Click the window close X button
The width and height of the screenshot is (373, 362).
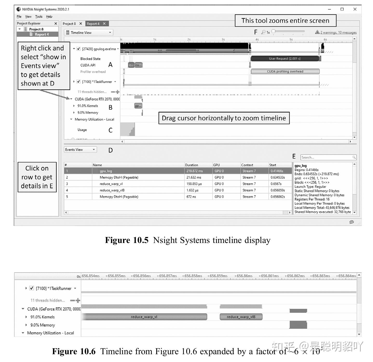coord(355,9)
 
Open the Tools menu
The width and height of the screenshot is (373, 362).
coord(39,17)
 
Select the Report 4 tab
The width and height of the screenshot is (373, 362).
coord(93,24)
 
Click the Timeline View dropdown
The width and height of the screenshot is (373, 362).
coord(89,33)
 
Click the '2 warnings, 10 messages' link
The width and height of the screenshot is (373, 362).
coord(338,32)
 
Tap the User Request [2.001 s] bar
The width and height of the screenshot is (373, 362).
coord(284,59)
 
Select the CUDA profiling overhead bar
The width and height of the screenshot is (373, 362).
coord(285,72)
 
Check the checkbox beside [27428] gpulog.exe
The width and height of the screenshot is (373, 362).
coord(79,49)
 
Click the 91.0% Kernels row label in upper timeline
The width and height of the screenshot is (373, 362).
coord(87,106)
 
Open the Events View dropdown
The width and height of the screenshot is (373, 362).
coord(80,150)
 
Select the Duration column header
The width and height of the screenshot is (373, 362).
coord(192,165)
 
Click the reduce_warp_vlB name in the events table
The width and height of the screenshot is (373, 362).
coord(112,190)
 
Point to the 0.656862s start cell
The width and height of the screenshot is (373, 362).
coord(277,197)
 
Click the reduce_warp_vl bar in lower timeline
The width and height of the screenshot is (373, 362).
coord(144,317)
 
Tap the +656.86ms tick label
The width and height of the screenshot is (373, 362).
coord(243,276)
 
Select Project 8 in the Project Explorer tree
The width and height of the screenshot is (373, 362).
coord(36,29)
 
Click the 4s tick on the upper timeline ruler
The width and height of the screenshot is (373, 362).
coord(257,40)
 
